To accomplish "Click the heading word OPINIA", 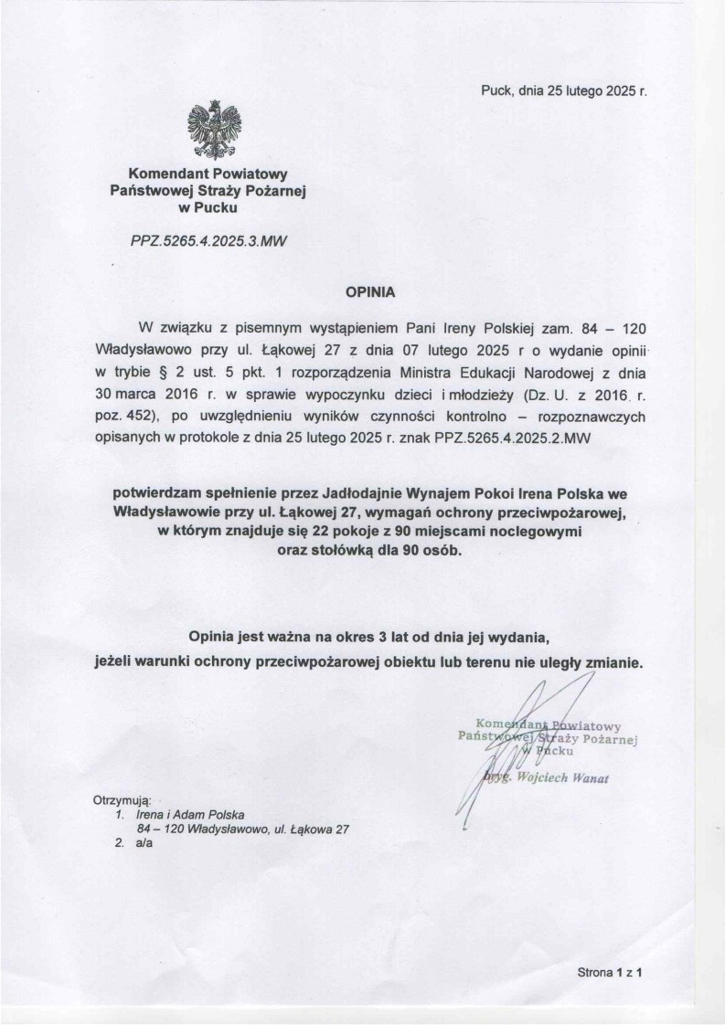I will click(x=367, y=294).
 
